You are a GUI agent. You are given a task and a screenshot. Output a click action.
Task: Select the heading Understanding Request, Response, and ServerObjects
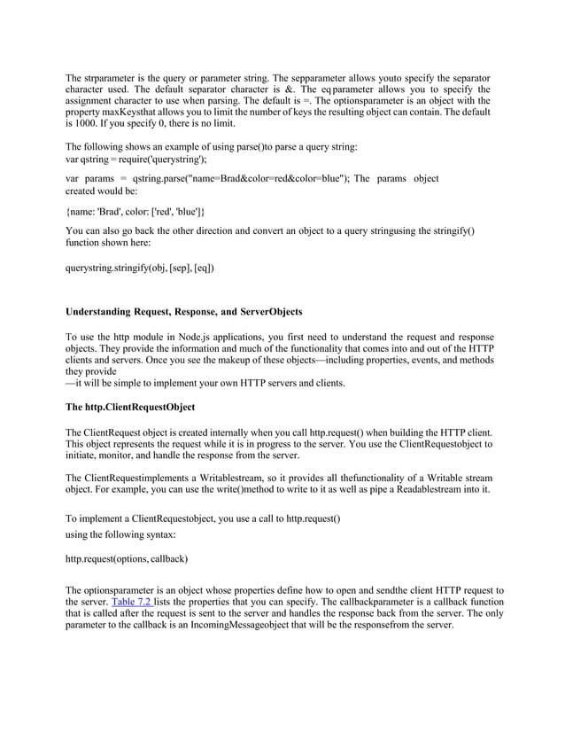[184, 312]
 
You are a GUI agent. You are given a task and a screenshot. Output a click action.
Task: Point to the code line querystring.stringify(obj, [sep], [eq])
[140, 267]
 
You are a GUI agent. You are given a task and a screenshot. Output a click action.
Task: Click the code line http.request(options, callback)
[127, 559]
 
